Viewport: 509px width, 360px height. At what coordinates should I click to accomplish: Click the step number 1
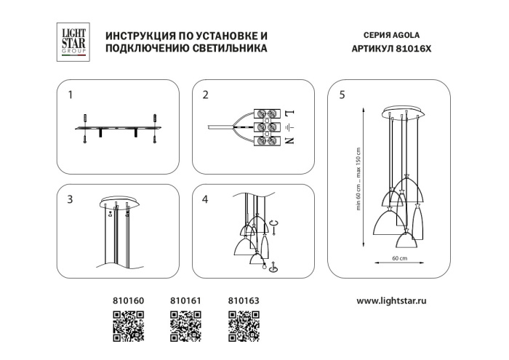click(x=70, y=95)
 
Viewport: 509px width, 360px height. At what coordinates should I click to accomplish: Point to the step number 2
click(x=206, y=95)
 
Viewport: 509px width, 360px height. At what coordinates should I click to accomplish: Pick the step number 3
click(x=70, y=199)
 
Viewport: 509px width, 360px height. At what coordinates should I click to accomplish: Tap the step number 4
click(x=206, y=199)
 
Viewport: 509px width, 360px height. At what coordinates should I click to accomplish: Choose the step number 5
click(x=342, y=95)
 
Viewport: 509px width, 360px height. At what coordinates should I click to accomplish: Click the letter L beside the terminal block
click(x=289, y=113)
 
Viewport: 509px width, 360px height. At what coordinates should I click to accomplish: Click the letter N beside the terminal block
click(x=289, y=140)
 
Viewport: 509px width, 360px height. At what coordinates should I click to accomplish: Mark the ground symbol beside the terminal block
click(x=289, y=127)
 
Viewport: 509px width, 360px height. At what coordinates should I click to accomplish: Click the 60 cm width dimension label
click(x=399, y=259)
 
